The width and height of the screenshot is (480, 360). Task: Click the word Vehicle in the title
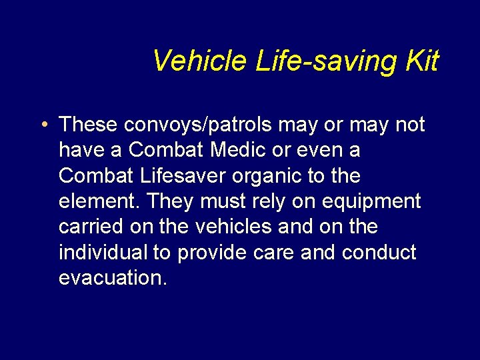(200, 61)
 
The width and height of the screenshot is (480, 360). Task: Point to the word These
(90, 125)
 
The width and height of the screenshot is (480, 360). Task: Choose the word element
(97, 201)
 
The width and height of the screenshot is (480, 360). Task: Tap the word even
(319, 150)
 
